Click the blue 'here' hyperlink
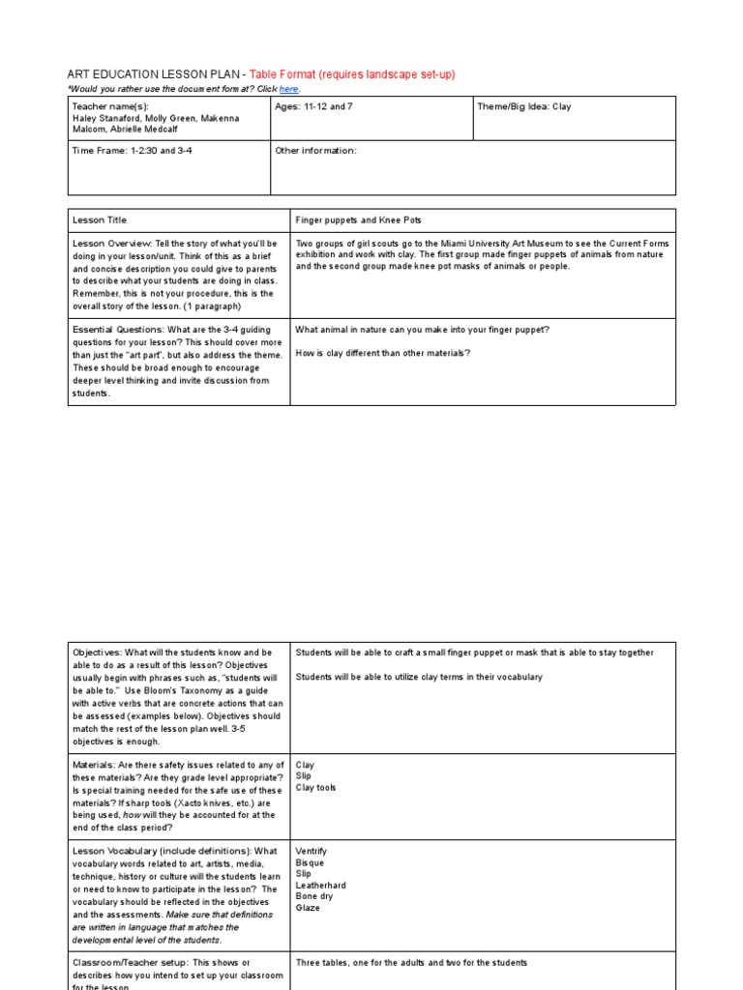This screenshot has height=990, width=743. click(288, 89)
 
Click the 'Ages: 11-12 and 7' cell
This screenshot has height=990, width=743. click(313, 106)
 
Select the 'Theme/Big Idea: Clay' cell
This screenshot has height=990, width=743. click(523, 106)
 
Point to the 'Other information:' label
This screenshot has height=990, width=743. click(315, 151)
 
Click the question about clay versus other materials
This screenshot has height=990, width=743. click(383, 353)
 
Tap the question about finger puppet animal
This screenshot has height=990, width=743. click(422, 330)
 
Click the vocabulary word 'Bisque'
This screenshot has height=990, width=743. click(311, 862)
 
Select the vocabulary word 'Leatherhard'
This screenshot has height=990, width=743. click(320, 886)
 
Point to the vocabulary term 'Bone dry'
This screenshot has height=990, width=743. click(314, 897)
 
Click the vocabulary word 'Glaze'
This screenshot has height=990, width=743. click(308, 909)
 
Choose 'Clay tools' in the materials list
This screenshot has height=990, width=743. click(315, 788)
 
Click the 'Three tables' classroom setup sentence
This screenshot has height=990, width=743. click(411, 963)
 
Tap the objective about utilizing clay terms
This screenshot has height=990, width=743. click(419, 677)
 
